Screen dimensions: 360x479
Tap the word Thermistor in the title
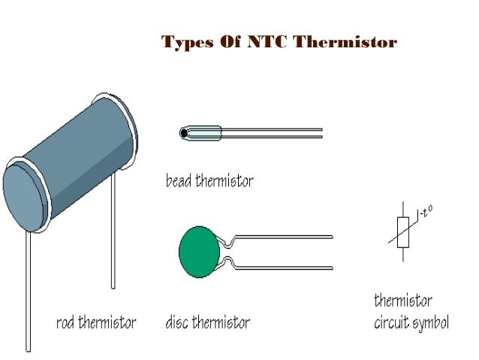coord(345,42)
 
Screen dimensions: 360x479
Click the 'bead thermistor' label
coord(209,181)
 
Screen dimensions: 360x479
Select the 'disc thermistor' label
coord(207,323)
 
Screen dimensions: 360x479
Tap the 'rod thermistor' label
coord(96,323)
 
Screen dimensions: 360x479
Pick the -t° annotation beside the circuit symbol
coord(426,213)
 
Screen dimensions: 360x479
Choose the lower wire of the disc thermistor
coord(285,267)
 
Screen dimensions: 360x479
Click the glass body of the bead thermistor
coord(202,134)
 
